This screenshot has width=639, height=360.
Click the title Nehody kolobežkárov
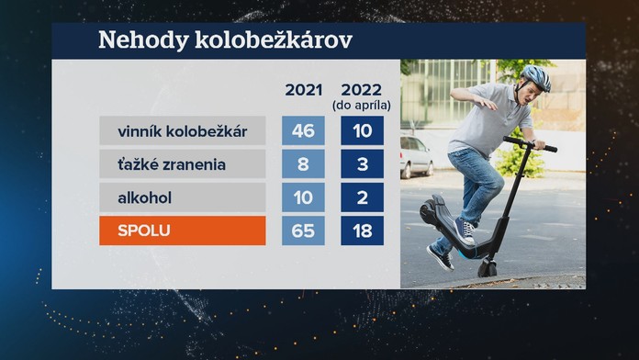(224, 41)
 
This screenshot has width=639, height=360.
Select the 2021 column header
(303, 89)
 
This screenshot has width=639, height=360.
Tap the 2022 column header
(362, 89)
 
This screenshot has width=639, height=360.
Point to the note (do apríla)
(362, 105)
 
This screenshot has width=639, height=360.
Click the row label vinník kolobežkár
(183, 130)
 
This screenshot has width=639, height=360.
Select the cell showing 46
(303, 130)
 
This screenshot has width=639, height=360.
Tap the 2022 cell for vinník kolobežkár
(362, 130)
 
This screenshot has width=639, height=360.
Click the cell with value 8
(303, 163)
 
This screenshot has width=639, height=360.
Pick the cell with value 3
(362, 163)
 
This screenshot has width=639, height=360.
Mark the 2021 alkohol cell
(303, 197)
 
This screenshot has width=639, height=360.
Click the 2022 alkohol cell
(362, 197)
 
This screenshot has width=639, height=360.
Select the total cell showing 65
(303, 230)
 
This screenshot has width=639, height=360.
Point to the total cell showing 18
(362, 230)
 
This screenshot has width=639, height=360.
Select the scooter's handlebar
(530, 144)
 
